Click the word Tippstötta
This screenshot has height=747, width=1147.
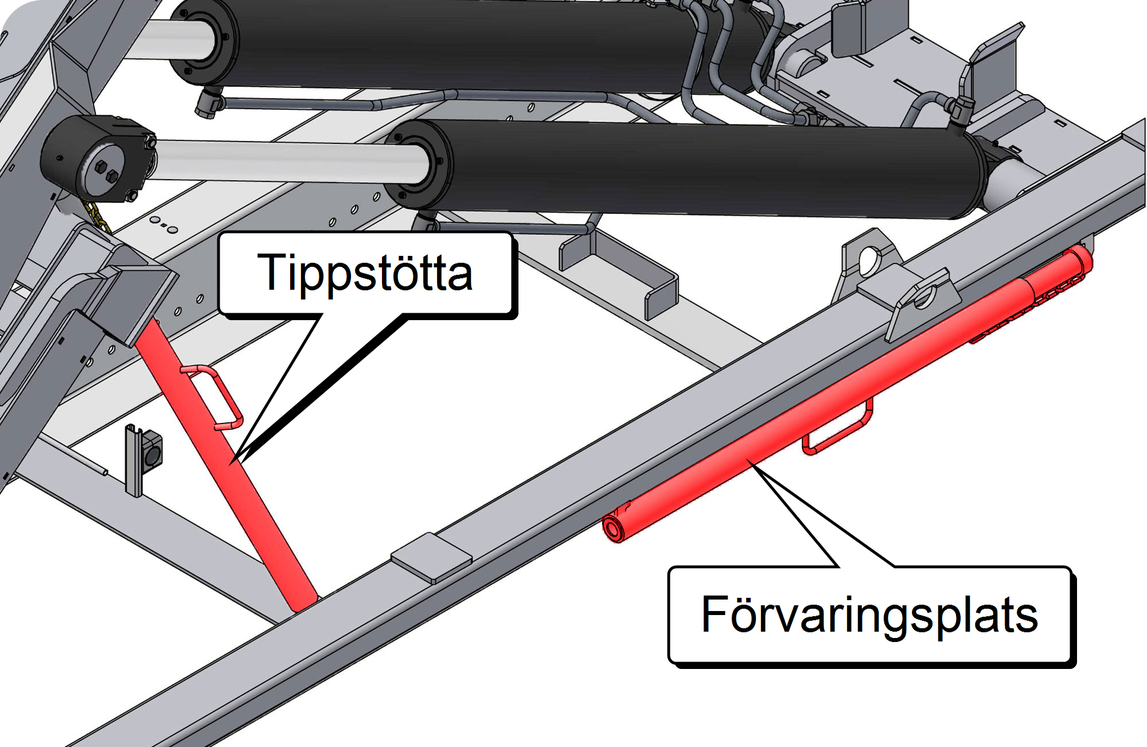click(365, 273)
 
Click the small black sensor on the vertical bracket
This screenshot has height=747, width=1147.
click(153, 453)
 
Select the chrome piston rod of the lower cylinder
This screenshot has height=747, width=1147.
click(287, 161)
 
